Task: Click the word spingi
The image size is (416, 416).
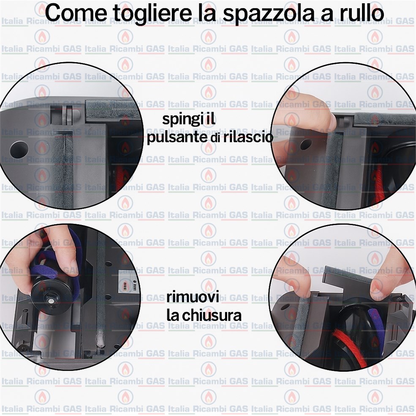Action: pyautogui.click(x=181, y=120)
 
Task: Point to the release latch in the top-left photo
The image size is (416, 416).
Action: pyautogui.click(x=67, y=114)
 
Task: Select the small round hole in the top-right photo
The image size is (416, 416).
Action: pyautogui.click(x=305, y=144)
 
